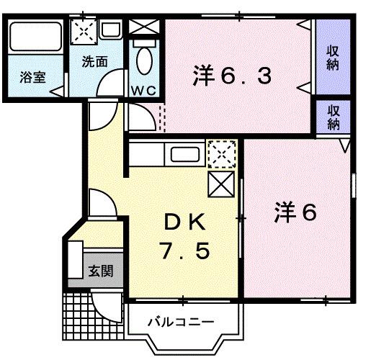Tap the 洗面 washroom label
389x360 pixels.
tap(94, 61)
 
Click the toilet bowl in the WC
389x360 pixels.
tap(144, 63)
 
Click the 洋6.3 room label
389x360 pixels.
tap(232, 76)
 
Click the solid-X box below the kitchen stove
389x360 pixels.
tap(220, 184)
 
